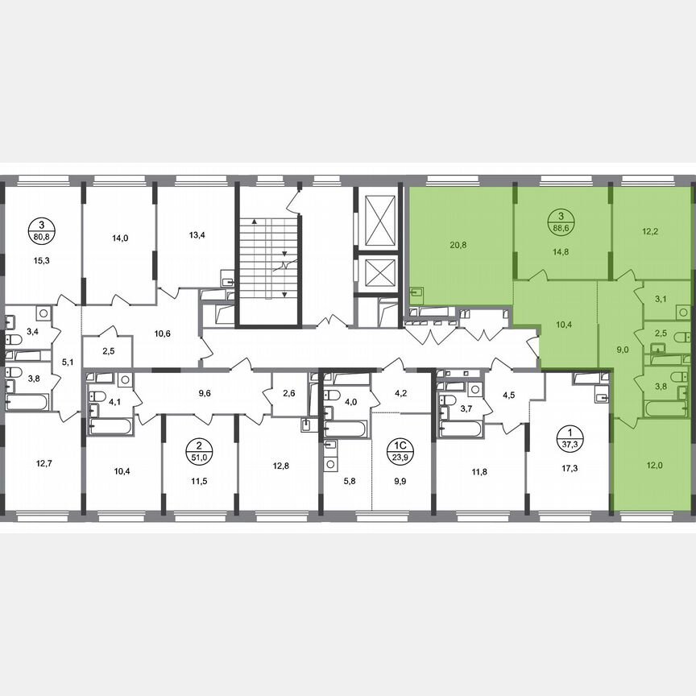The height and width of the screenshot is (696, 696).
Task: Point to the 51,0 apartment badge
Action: click(x=194, y=448)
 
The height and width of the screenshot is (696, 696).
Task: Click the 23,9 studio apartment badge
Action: click(x=398, y=448)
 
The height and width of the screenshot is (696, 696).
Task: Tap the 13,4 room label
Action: click(x=197, y=235)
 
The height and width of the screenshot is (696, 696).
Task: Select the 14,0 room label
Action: click(x=120, y=238)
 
